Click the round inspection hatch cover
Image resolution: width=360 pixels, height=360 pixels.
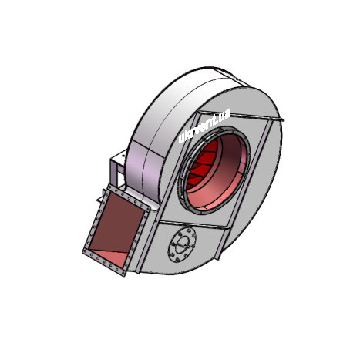182,245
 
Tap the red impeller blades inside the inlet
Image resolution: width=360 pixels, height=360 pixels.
203,165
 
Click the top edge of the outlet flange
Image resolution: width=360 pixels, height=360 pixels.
129,197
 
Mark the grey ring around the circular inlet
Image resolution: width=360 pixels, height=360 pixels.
214,170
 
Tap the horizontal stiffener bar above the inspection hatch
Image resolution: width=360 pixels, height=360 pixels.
194,224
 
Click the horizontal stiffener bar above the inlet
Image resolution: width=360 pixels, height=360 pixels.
241,116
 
